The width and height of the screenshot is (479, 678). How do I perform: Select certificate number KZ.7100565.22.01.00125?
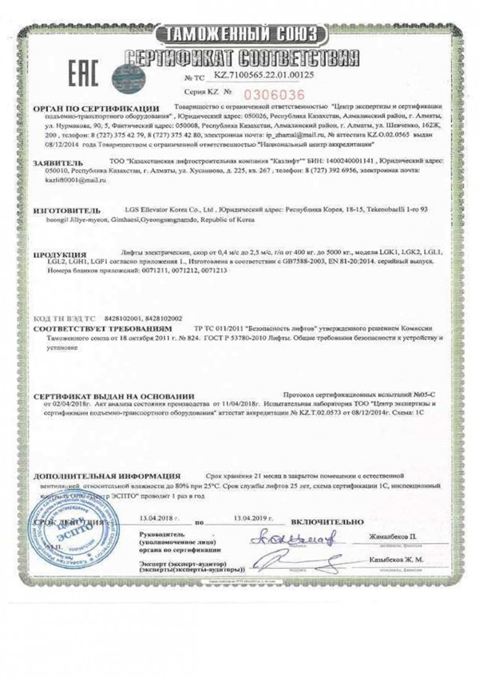[263, 75]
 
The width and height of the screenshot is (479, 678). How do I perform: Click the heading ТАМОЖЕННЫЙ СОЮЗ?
[240, 34]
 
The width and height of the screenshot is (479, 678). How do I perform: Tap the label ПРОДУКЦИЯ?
[61, 255]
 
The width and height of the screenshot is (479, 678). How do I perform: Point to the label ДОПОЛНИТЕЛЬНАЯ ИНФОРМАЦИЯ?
[106, 477]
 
